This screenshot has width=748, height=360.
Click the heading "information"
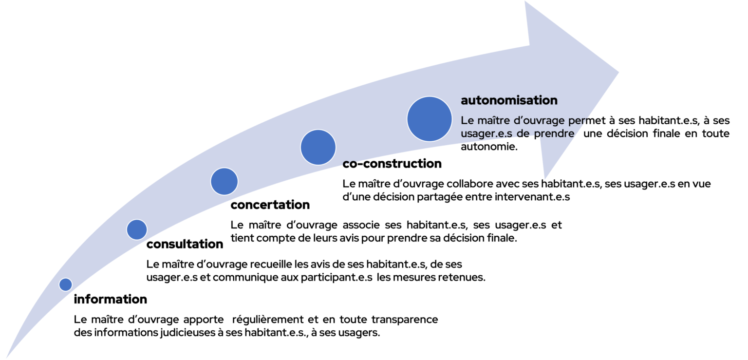(110, 299)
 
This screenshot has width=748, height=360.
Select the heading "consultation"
(185, 244)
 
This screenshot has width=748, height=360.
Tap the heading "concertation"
(270, 205)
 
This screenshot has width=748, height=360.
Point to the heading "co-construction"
(392, 164)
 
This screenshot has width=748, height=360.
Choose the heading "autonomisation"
(509, 100)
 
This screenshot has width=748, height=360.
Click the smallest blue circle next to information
(66, 284)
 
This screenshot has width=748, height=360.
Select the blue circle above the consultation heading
(137, 230)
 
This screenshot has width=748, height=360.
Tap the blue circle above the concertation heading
(224, 181)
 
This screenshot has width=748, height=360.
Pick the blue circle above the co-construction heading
(318, 147)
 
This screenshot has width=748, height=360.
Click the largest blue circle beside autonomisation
(430, 119)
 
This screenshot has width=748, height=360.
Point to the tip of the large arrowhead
(619, 72)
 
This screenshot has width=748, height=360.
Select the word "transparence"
(405, 320)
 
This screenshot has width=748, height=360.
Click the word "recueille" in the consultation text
(271, 265)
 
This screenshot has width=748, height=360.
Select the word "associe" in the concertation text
(361, 225)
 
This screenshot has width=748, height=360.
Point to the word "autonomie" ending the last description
(489, 147)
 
